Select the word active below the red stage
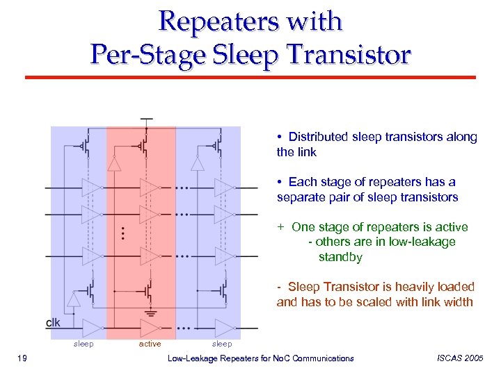(x=150, y=344)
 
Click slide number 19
(x=22, y=358)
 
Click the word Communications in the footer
(x=322, y=358)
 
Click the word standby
(x=340, y=257)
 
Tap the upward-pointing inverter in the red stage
(x=113, y=162)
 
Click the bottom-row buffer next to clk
(x=92, y=326)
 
